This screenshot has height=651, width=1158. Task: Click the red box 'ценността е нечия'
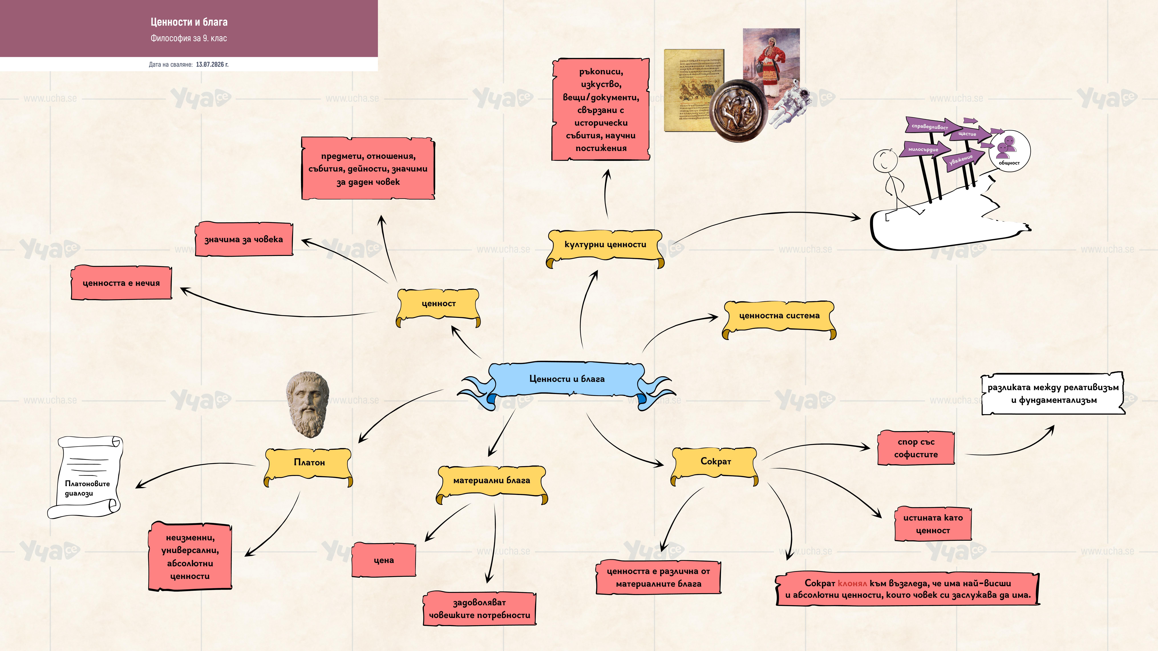click(x=121, y=283)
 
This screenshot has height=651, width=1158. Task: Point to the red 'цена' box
click(x=383, y=560)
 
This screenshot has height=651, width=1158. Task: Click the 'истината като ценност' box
click(x=933, y=524)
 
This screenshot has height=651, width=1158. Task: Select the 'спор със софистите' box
click(x=916, y=448)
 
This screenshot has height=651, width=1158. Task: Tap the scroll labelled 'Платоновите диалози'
click(x=85, y=477)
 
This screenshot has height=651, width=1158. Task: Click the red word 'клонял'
click(x=852, y=583)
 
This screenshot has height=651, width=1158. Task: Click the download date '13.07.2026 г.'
click(x=212, y=64)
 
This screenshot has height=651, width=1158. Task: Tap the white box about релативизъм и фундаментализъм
click(x=1053, y=394)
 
